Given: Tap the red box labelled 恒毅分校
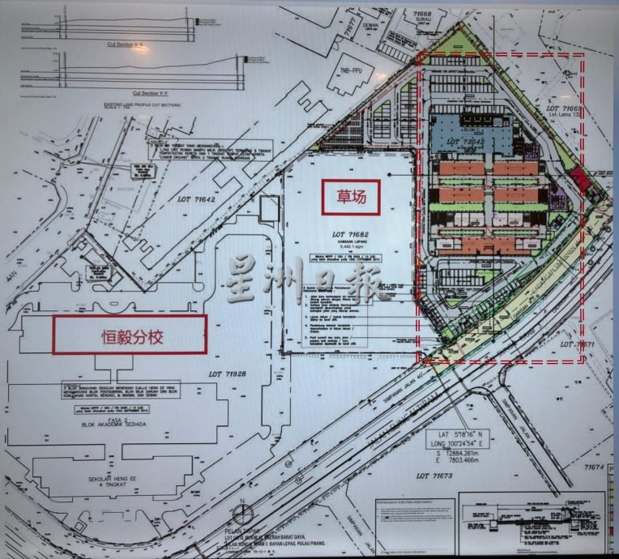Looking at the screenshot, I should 130,335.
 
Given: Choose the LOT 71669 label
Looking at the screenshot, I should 565,108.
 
